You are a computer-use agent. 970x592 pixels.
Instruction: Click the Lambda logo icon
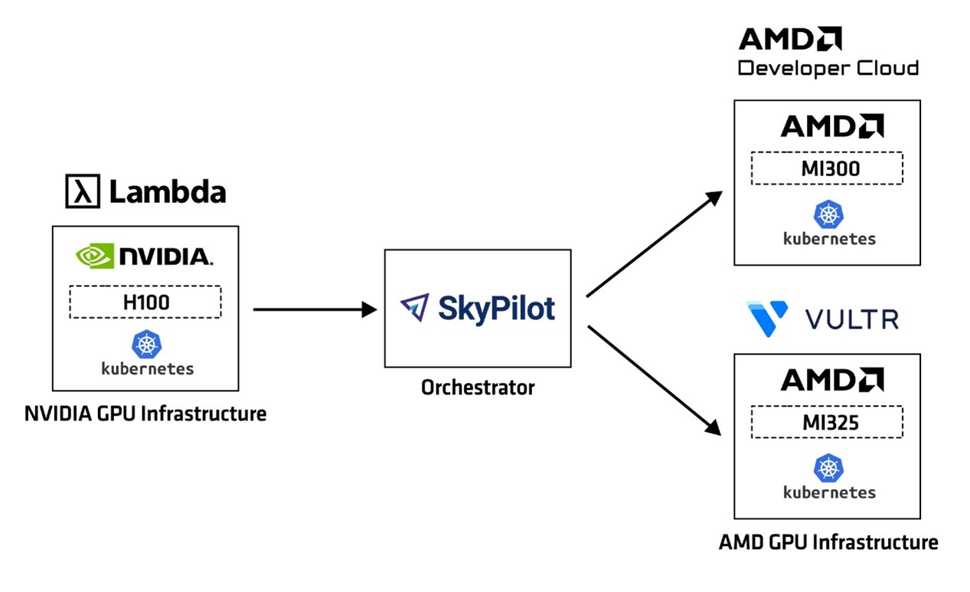(x=83, y=191)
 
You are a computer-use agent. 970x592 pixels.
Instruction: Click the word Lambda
(x=168, y=192)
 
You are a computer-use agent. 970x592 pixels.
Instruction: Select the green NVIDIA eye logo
(x=94, y=256)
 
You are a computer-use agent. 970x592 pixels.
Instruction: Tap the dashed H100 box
(x=145, y=302)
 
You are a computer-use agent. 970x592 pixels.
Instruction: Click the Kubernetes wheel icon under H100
(x=145, y=345)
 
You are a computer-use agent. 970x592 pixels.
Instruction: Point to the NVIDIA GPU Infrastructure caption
(x=145, y=414)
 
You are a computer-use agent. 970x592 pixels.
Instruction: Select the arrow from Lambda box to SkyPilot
(x=314, y=309)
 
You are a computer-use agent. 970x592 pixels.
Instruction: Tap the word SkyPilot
(x=496, y=308)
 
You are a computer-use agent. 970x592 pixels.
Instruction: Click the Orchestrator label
(x=478, y=388)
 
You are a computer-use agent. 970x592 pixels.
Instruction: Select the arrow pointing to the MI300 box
(x=655, y=244)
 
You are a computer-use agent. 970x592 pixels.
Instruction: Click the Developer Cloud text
(x=828, y=68)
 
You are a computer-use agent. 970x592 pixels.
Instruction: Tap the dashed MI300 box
(x=827, y=168)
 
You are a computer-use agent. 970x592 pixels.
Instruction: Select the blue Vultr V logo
(x=767, y=319)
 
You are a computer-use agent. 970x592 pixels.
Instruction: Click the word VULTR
(x=851, y=319)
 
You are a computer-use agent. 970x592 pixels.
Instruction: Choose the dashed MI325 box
(x=827, y=422)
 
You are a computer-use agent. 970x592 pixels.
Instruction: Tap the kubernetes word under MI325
(x=829, y=492)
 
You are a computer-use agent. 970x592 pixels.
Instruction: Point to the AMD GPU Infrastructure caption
(x=828, y=542)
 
